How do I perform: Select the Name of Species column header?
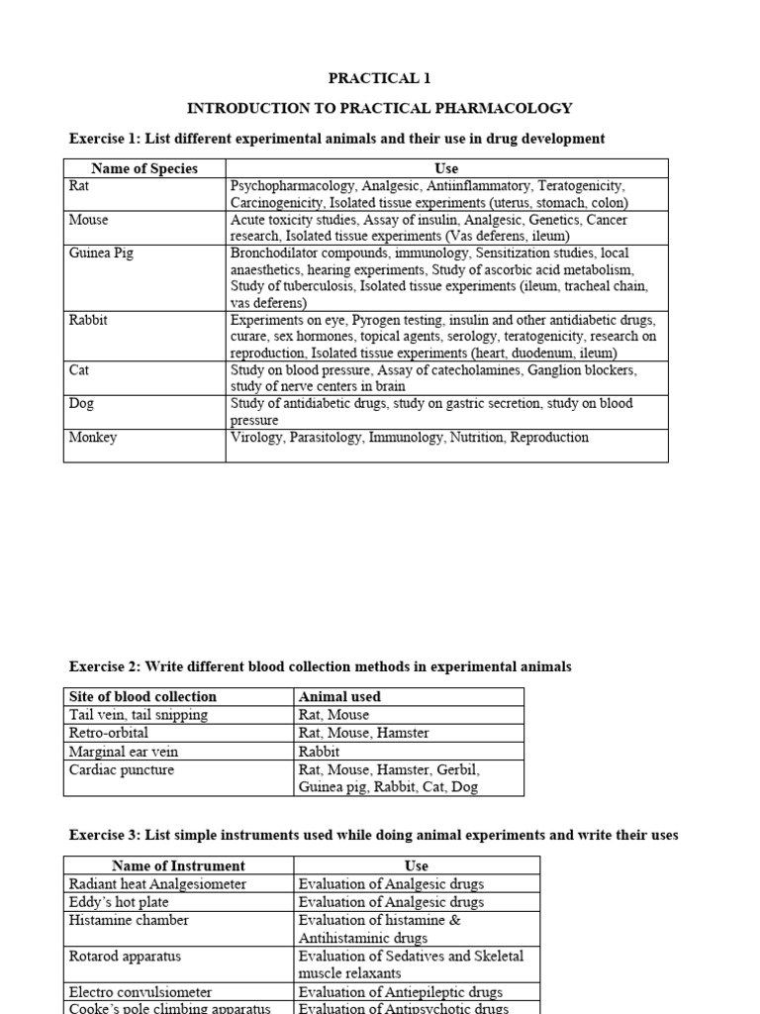144,168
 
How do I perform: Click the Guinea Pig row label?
101,253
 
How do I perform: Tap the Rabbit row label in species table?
88,321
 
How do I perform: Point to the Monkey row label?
93,438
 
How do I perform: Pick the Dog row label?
82,404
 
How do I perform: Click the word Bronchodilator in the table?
276,253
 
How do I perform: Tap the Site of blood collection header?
142,696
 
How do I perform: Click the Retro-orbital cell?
109,733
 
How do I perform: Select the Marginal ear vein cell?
124,752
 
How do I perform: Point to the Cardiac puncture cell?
122,769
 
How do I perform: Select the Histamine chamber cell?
129,920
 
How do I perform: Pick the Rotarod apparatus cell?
125,957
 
